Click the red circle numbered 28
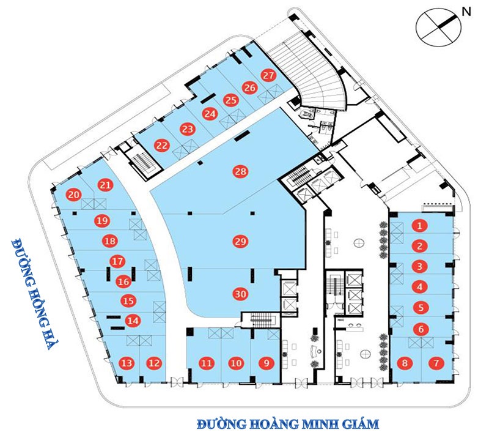click(x=241, y=171)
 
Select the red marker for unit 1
click(x=419, y=226)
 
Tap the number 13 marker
click(x=127, y=363)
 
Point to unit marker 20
click(x=74, y=195)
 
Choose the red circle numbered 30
click(x=241, y=294)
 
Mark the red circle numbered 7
click(x=436, y=363)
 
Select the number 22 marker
click(x=162, y=145)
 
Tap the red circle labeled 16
click(x=123, y=281)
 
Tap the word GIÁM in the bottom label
click(x=357, y=423)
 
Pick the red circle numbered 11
click(x=207, y=363)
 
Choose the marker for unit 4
click(x=419, y=286)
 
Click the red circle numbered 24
click(x=210, y=114)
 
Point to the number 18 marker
click(x=109, y=241)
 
